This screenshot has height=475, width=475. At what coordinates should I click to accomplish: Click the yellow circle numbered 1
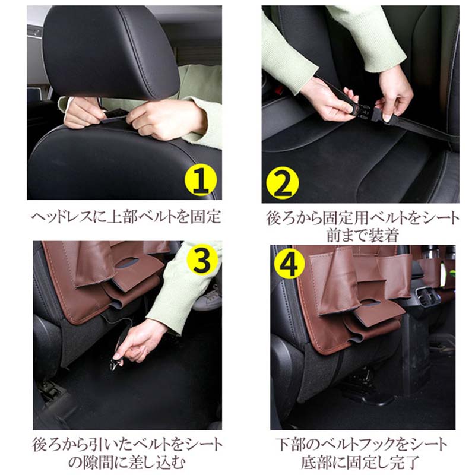[201, 180]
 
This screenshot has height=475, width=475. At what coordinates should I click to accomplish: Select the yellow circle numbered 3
[202, 260]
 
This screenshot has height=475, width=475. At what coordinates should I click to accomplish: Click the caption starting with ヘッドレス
[126, 217]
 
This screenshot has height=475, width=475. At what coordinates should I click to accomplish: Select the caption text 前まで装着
[362, 235]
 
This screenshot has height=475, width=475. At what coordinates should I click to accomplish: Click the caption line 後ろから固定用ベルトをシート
[363, 218]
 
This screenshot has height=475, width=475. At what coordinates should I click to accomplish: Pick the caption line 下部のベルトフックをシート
[361, 445]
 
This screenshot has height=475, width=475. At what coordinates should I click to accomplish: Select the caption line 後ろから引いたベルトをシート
[127, 445]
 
